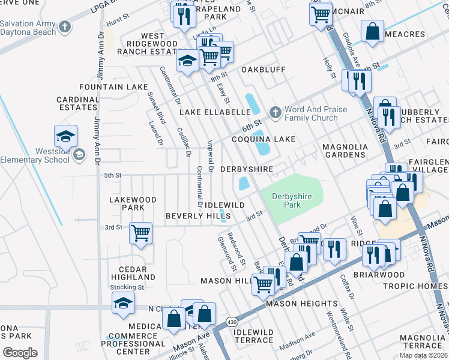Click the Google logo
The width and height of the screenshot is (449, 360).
point(20,352)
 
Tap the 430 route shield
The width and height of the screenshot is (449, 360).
point(232,323)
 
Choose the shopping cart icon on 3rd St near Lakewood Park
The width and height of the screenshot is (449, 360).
point(140,232)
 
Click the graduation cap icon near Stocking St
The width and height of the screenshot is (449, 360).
point(122,303)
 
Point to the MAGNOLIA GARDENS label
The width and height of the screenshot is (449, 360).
point(344,151)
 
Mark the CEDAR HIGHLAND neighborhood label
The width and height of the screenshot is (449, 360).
point(133,273)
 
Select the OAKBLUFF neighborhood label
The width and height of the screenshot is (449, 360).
point(264,70)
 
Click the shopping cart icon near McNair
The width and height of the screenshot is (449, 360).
point(321,13)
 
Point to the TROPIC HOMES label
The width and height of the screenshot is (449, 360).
point(415,286)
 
